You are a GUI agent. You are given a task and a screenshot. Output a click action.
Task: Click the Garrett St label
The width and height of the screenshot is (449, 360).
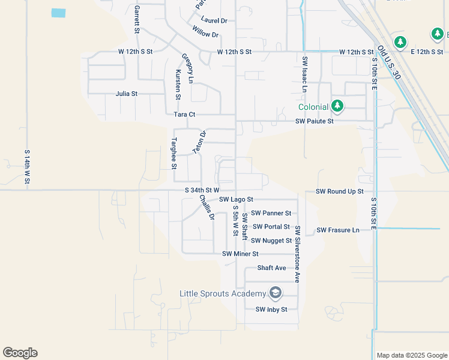pyautogui.click(x=137, y=19)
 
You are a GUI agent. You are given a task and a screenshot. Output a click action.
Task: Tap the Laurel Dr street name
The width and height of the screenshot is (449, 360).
pyautogui.click(x=214, y=20)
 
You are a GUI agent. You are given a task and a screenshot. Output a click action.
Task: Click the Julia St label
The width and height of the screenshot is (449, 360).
pyautogui.click(x=127, y=94)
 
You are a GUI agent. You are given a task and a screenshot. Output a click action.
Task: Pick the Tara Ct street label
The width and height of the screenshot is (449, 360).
pyautogui.click(x=184, y=114)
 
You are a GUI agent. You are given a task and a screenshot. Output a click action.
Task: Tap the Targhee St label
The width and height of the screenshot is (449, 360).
pyautogui.click(x=173, y=150)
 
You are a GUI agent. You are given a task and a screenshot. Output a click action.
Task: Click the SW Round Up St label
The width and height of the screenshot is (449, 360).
pyautogui.click(x=340, y=191)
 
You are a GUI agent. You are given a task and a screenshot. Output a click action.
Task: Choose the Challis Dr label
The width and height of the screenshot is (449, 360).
pyautogui.click(x=207, y=208)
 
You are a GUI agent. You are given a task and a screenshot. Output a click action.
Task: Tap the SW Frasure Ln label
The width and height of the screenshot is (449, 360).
pyautogui.click(x=338, y=230)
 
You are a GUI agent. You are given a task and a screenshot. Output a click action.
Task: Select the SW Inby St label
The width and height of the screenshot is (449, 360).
pyautogui.click(x=271, y=310)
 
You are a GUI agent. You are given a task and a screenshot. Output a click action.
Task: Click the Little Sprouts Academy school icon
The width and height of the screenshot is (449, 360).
pyautogui.click(x=276, y=293)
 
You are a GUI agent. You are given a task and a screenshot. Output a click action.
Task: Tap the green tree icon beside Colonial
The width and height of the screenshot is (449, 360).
pyautogui.click(x=337, y=107)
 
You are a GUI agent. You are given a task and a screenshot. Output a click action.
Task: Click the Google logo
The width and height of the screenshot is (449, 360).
pyautogui.click(x=20, y=353)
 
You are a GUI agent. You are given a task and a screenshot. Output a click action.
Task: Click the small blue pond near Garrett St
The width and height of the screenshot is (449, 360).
pyautogui.click(x=58, y=13)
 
